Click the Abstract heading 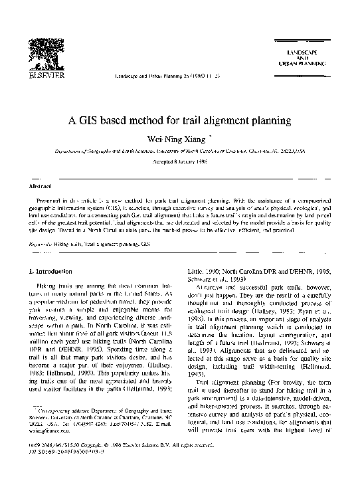(x=43, y=187)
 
